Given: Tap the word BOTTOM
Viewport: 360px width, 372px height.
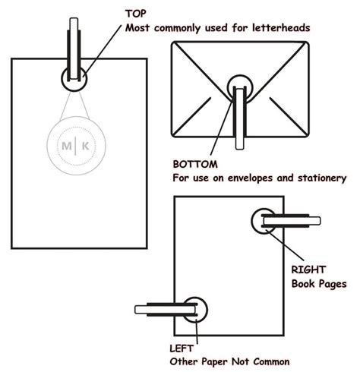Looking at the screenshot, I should [x=196, y=163].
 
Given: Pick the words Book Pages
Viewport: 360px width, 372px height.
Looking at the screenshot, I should [x=319, y=283].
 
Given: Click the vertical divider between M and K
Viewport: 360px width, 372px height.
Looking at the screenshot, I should [x=74, y=145].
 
